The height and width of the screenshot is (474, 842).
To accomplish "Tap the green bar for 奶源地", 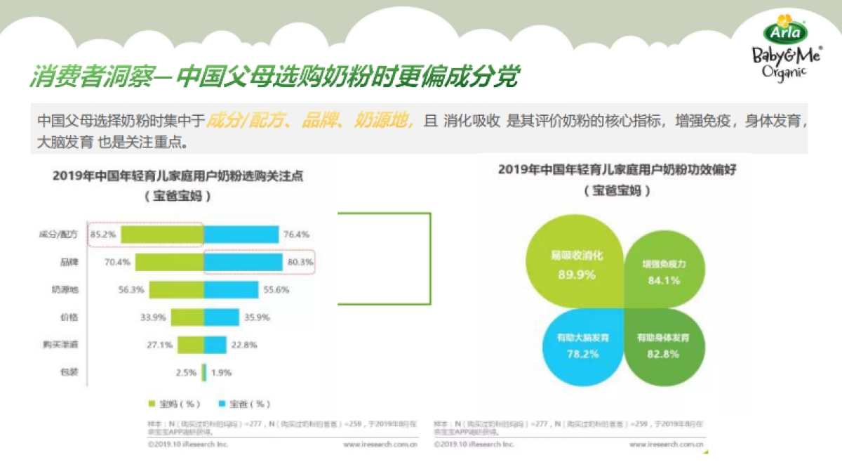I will (x=176, y=289).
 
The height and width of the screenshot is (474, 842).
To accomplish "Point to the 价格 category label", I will (x=69, y=317).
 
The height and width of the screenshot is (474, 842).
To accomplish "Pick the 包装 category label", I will (x=69, y=372).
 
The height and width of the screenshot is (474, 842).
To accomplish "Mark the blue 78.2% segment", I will (x=582, y=345).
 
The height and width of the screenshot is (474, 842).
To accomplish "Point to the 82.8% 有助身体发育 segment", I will (x=662, y=345).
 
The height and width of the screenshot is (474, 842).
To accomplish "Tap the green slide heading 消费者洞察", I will (x=91, y=77).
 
